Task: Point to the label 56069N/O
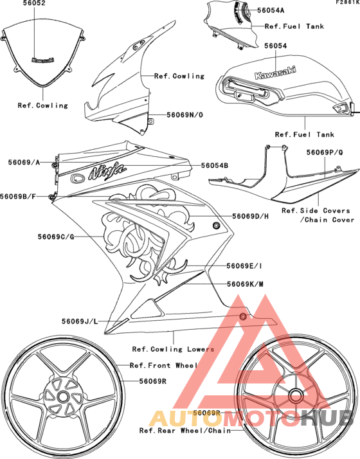coord(185,114)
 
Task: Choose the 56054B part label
coord(214,165)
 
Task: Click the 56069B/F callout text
coord(22,195)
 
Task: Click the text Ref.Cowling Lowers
coord(173,349)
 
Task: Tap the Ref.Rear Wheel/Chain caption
coord(184,430)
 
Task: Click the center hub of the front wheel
coord(66,399)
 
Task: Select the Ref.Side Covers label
coord(316,210)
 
